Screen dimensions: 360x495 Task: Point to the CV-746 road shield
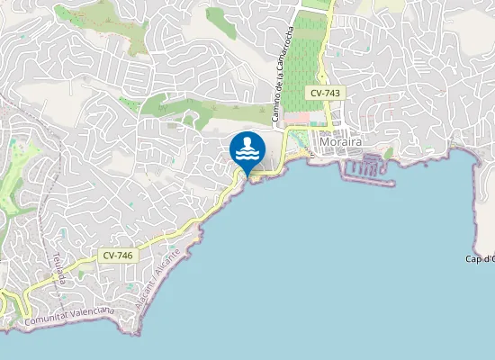118,256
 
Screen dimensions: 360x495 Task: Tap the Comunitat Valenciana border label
69,314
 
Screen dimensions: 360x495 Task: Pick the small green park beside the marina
389,154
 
